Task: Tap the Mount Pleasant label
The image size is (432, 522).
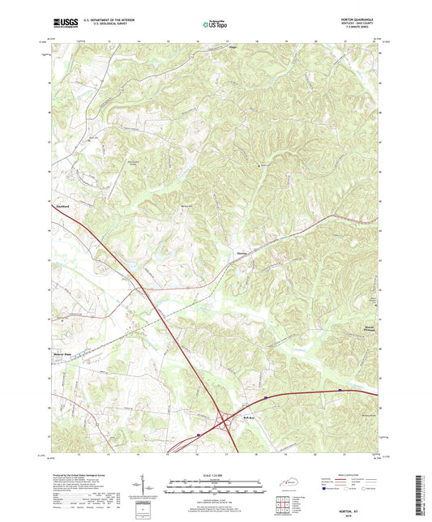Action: point(368,327)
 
